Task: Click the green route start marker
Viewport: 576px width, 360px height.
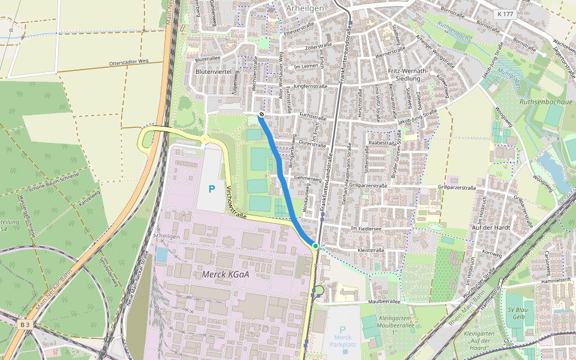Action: coord(315,245)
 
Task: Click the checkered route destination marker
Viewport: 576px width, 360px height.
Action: coord(262,114)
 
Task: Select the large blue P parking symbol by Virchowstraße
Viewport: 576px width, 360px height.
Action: coord(211,189)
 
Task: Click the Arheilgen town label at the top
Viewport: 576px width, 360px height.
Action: coord(305,8)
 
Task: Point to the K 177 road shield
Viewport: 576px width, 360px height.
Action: coord(506,13)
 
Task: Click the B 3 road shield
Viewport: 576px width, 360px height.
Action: coord(24,325)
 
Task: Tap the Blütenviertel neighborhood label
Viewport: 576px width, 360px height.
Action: coord(214,71)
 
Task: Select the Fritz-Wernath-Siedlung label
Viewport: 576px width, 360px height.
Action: coord(408,74)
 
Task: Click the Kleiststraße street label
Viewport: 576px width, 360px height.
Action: coord(370,250)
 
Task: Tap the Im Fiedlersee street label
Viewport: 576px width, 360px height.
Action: coord(366,229)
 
